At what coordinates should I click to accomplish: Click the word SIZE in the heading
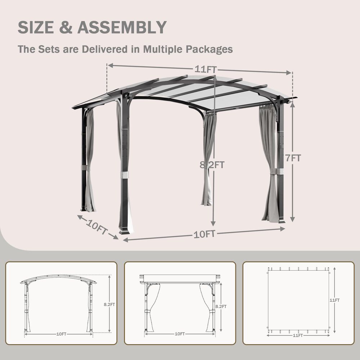pyautogui.click(x=37, y=28)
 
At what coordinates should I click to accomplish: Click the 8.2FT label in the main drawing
pyautogui.click(x=212, y=165)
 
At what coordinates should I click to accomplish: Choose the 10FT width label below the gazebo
pyautogui.click(x=204, y=234)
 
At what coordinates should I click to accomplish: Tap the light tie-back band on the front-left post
pyautogui.click(x=125, y=175)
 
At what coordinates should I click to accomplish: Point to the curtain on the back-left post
pyautogui.click(x=89, y=158)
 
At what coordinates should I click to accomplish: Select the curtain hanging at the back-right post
pyautogui.click(x=208, y=158)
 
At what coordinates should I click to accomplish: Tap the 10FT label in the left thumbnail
pyautogui.click(x=61, y=334)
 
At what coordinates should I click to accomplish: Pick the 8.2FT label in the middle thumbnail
pyautogui.click(x=221, y=306)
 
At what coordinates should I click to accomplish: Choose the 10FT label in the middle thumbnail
pyautogui.click(x=180, y=334)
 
